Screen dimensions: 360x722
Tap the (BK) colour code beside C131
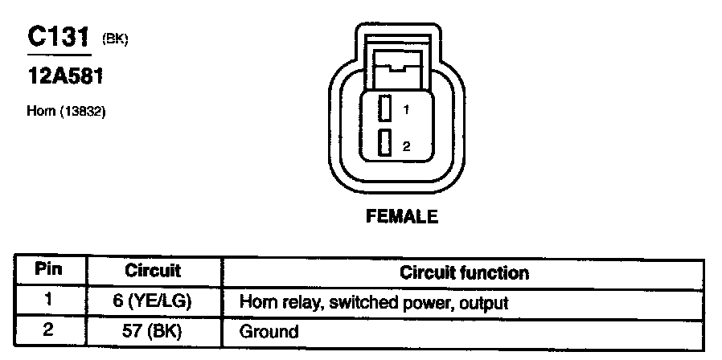click(114, 39)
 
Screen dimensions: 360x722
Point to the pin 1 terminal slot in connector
click(384, 108)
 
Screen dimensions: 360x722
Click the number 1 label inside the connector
click(407, 109)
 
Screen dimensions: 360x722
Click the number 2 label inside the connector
click(407, 145)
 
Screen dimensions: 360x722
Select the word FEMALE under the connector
click(402, 216)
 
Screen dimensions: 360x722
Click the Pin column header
click(49, 270)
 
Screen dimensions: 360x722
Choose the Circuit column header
click(153, 271)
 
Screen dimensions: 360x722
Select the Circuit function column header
click(464, 272)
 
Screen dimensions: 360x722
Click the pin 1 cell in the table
click(49, 301)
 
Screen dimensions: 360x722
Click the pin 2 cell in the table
click(49, 329)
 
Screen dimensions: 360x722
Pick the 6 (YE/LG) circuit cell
click(153, 302)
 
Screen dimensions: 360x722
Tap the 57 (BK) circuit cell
click(153, 330)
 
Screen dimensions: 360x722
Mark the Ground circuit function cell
click(269, 331)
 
